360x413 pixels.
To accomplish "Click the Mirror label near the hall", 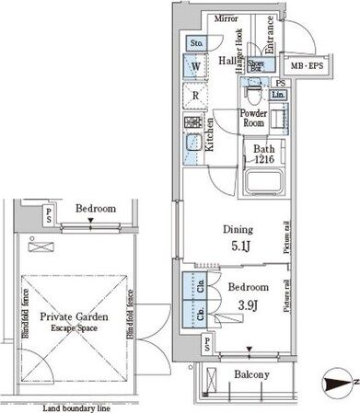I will pyautogui.click(x=226, y=18).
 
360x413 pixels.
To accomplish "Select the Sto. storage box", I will pyautogui.click(x=197, y=43).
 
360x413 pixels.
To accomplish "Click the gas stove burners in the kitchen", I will pyautogui.click(x=196, y=122).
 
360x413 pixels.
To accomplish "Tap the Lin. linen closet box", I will pyautogui.click(x=279, y=95).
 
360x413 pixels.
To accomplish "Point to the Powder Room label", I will pyautogui.click(x=253, y=119).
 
